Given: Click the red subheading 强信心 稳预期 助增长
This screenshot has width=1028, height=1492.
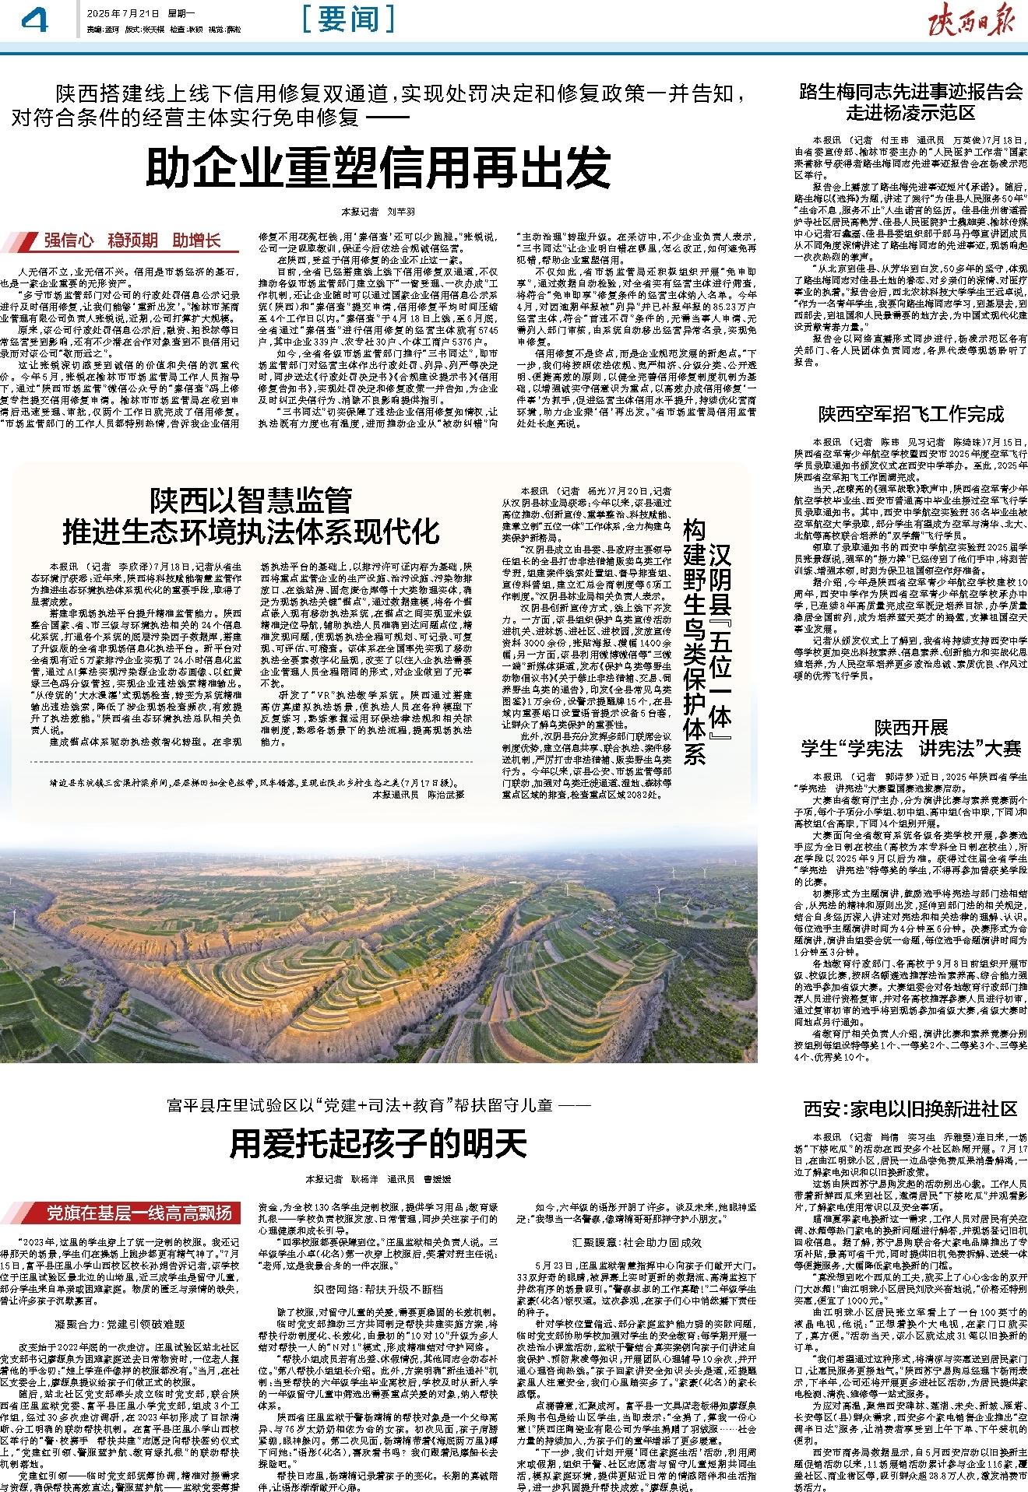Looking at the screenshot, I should click(x=132, y=240).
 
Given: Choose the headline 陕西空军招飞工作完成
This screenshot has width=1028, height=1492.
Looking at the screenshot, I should click(x=910, y=414).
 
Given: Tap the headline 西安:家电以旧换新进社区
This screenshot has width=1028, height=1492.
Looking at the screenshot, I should click(x=910, y=1108).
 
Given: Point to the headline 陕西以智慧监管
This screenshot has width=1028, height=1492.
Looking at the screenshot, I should click(x=251, y=500).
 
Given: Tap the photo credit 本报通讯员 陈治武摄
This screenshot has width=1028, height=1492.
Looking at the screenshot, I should click(x=418, y=795).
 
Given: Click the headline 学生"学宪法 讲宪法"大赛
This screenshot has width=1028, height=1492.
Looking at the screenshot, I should click(x=910, y=750).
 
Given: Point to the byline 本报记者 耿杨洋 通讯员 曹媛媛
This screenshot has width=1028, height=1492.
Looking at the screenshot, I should click(x=378, y=1179).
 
